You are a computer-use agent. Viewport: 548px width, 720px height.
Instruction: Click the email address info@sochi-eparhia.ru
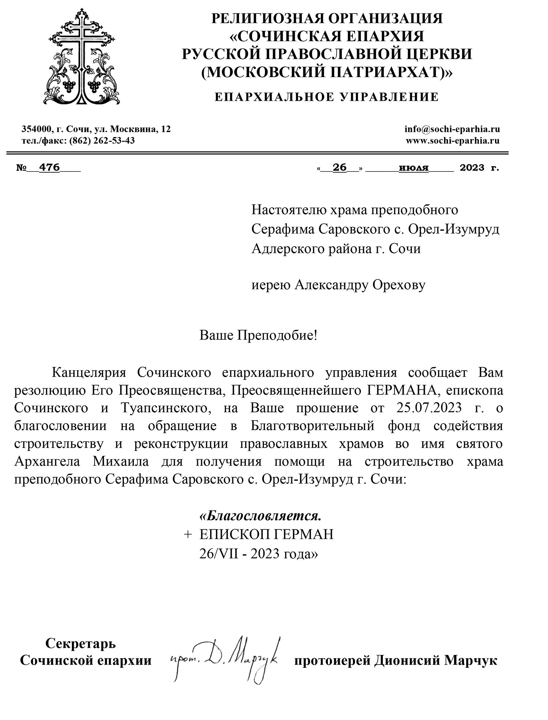(452, 129)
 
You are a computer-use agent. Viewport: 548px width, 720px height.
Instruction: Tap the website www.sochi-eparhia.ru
(453, 141)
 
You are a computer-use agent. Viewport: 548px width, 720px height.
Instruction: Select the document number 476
(49, 168)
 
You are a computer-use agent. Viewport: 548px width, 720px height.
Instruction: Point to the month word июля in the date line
(414, 168)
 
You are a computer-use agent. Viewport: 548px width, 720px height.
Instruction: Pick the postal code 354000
(36, 129)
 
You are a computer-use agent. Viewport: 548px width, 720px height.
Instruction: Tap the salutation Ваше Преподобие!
(259, 335)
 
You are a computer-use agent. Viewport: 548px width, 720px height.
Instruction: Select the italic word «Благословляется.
(262, 516)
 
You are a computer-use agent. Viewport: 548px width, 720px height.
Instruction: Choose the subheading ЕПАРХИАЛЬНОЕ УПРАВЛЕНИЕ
(326, 97)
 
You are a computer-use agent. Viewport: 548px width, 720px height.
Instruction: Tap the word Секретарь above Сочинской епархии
(80, 643)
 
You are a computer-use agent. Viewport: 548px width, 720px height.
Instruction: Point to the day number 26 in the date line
(340, 168)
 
